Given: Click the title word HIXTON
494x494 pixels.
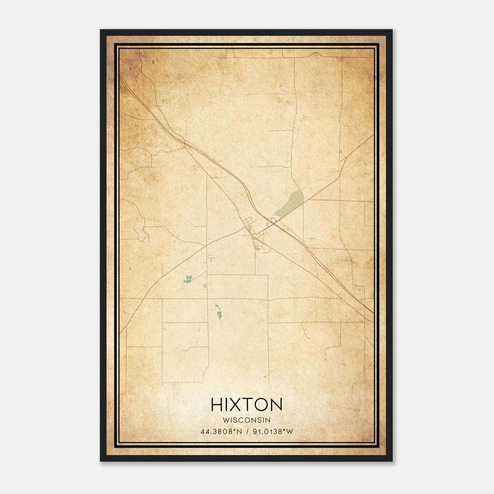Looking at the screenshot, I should click(x=246, y=404).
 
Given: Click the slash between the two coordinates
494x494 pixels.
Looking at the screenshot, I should click(x=247, y=432).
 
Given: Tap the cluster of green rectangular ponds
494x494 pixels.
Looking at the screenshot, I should click(x=188, y=279).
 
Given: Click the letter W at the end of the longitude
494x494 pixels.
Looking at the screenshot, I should click(x=290, y=432).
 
